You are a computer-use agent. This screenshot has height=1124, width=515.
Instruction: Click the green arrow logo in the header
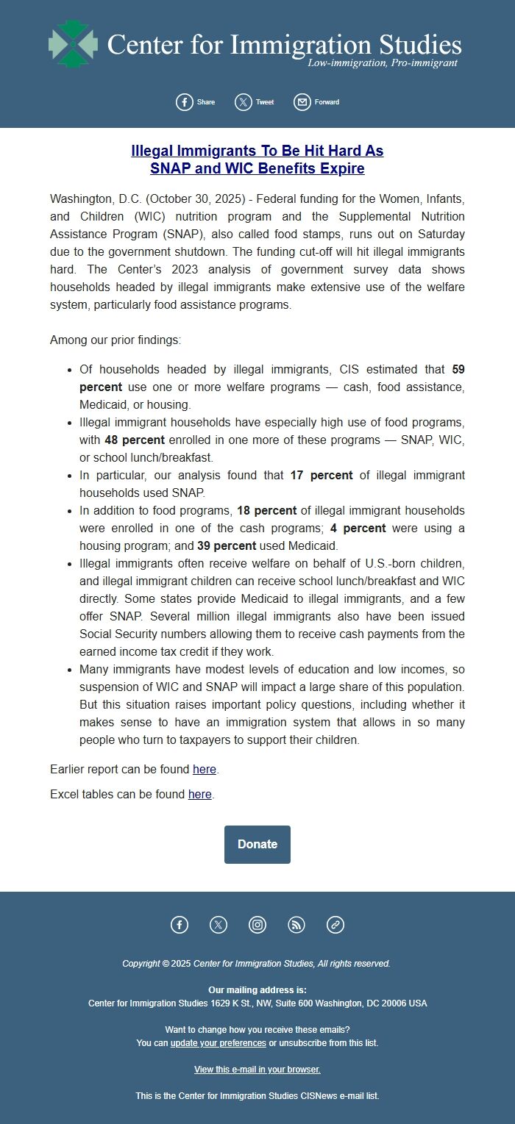[73, 44]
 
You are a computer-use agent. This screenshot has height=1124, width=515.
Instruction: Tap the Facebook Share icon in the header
[184, 102]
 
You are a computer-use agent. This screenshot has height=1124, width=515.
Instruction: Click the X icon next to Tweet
[243, 102]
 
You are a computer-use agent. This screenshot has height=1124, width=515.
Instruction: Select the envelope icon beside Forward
[302, 102]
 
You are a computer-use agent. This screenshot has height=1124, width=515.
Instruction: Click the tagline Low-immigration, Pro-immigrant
[382, 63]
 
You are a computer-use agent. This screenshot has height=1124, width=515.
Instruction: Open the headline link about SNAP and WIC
[257, 160]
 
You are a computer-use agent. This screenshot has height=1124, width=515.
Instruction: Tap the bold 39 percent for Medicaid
[227, 546]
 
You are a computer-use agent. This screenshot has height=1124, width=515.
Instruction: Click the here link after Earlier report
[205, 770]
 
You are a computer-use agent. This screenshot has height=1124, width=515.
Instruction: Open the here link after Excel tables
[199, 795]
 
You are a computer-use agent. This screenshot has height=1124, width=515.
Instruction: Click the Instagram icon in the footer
[257, 925]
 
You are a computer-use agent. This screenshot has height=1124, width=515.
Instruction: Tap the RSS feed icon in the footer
[296, 925]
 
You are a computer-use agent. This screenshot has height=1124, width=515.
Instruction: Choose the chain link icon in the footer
[335, 925]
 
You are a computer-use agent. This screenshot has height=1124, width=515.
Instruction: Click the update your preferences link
[218, 1043]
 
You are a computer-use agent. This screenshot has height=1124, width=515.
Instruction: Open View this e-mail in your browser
[257, 1070]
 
